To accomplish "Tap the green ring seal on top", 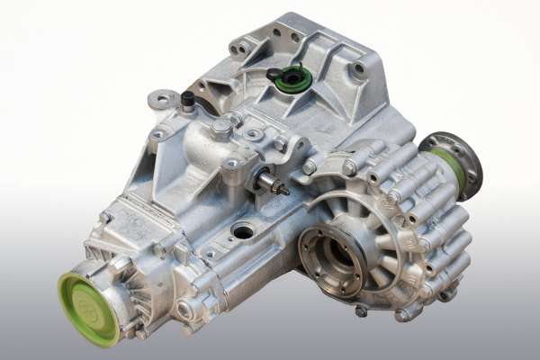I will point(292,79).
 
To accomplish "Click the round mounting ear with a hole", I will point(163,100).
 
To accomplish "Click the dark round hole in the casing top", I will point(242,231).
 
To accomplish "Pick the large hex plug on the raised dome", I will point(221,128).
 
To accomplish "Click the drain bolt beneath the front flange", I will point(361,310).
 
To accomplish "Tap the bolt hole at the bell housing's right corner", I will point(359,68).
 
